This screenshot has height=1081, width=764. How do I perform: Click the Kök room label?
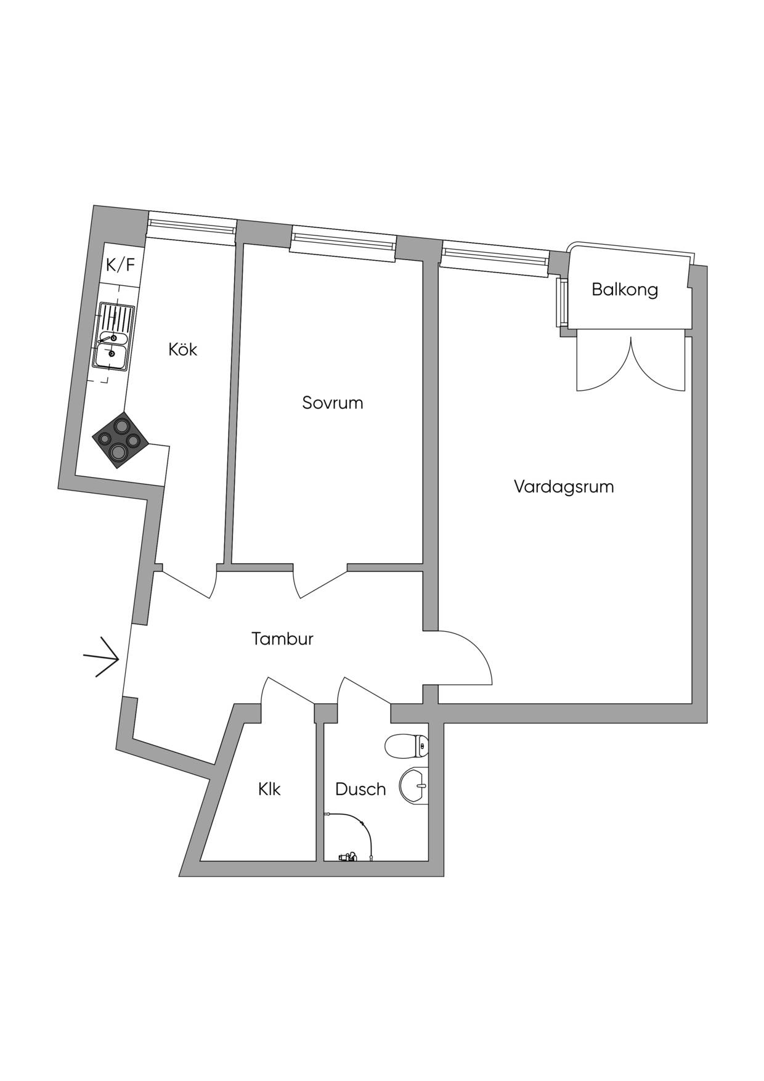click(x=183, y=349)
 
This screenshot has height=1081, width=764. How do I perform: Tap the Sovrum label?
click(x=333, y=403)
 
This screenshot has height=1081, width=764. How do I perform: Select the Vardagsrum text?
click(x=564, y=487)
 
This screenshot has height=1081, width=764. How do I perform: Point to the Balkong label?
click(x=625, y=290)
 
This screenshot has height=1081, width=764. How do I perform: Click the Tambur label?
click(x=283, y=638)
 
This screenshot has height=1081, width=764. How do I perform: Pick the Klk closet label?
click(x=270, y=789)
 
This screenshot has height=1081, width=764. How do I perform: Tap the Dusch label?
click(x=360, y=789)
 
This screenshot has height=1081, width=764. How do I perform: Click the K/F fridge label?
click(x=120, y=265)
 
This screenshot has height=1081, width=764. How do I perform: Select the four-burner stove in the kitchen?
click(x=120, y=440)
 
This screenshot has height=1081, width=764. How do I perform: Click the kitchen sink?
click(x=113, y=337)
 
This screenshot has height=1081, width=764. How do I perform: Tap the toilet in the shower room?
click(x=406, y=746)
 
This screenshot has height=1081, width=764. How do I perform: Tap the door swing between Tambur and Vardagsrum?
click(x=465, y=657)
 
